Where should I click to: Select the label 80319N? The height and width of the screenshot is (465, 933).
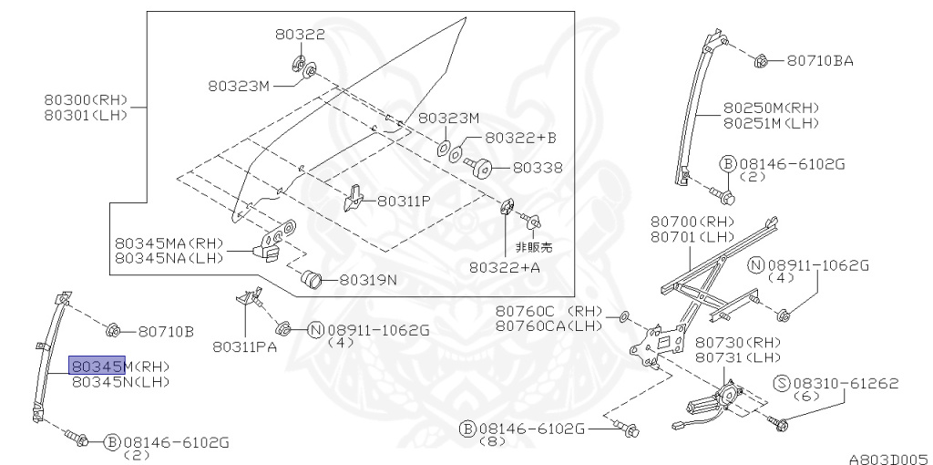pos(368,280)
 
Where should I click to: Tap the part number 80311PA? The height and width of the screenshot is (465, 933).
pos(244,346)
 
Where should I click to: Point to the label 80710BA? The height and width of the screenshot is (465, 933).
pos(820,61)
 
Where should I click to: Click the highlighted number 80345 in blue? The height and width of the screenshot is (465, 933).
pos(97,366)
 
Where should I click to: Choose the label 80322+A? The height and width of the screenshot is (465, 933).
pos(505,268)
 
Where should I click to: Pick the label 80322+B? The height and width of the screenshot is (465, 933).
pos(520,138)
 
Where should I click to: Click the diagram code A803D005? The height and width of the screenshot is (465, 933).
pos(890,459)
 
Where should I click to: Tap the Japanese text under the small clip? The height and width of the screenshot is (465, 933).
pos(534,246)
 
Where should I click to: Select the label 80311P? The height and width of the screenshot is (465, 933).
pos(404,201)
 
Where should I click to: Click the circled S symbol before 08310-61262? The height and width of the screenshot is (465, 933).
pos(783,384)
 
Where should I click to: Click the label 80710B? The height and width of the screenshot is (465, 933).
pos(166,332)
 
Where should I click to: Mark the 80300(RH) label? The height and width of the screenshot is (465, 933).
pos(87,99)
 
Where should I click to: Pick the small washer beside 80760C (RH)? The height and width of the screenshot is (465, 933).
pos(624,315)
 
